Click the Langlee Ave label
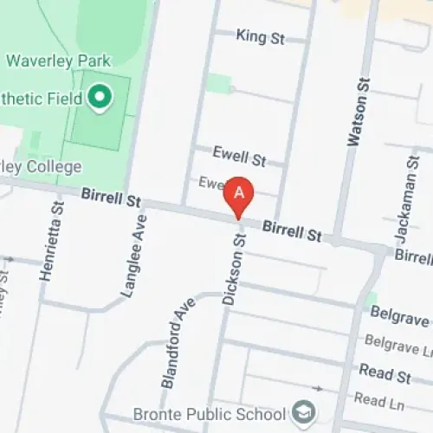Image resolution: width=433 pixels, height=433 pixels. click(x=135, y=255)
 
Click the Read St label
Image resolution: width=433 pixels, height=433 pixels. click(x=385, y=374)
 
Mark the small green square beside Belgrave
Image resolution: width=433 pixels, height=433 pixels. click(x=372, y=299)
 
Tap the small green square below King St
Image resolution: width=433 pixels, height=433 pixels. click(x=220, y=84)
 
